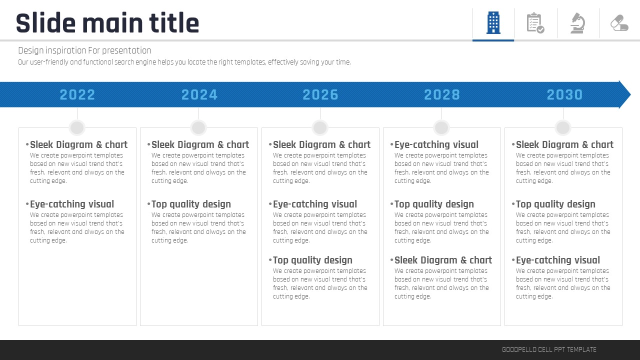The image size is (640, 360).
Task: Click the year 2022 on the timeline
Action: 77,94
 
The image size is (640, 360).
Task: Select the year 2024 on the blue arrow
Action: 199,94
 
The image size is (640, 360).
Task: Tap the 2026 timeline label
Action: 320,94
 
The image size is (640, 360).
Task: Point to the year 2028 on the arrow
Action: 441,94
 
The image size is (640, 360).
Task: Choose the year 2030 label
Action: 564,94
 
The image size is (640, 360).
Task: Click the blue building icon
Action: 493,23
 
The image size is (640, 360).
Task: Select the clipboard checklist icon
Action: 535,23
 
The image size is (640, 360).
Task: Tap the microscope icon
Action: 577,23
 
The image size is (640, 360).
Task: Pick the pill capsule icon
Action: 619,23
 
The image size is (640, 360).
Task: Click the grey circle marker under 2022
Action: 77,127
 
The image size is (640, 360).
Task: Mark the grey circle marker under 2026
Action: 320,127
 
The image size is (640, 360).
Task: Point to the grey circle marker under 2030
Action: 563,127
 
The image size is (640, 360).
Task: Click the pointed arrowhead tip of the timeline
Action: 630,94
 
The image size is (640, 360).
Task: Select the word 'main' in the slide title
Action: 113,23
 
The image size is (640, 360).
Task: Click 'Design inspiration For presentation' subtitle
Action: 84,50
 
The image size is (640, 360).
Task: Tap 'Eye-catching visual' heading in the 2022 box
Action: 72,204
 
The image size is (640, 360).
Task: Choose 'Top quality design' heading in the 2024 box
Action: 191,204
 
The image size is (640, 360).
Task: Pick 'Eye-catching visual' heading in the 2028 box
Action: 436,144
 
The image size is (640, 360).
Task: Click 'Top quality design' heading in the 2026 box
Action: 312,260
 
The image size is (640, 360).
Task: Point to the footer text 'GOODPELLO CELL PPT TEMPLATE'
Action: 549,349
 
